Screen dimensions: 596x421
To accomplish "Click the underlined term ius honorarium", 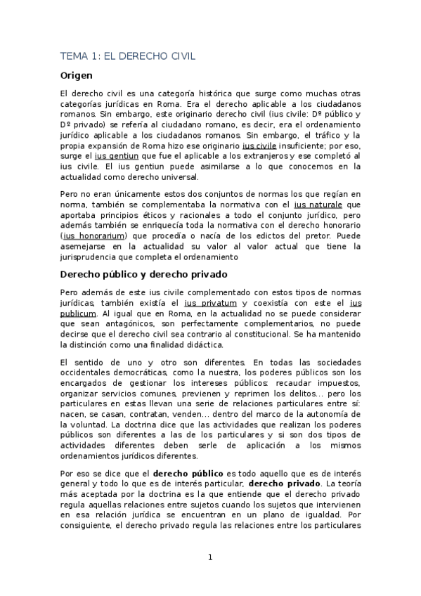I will pyautogui.click(x=88, y=235).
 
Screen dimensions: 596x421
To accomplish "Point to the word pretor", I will pyautogui.click(x=310, y=235).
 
